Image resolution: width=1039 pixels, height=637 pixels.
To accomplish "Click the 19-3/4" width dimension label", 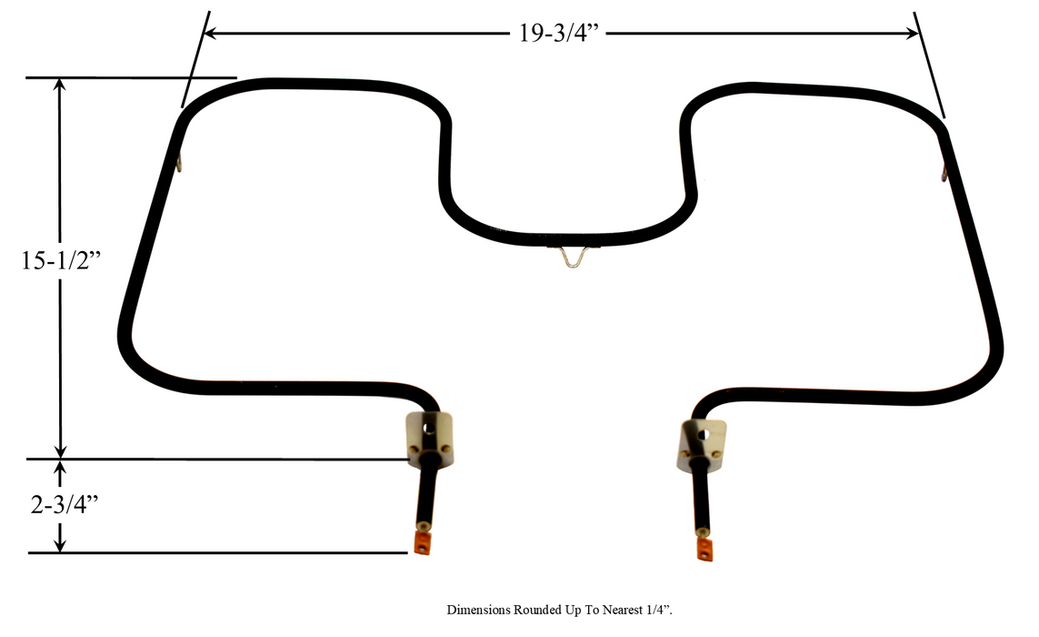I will pos(558,34).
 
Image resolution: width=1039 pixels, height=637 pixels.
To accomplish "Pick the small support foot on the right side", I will pos(944,170).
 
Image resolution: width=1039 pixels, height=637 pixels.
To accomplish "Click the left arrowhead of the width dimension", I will pos(210,34).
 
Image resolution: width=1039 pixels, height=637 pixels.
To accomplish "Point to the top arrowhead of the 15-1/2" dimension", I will pos(61,85).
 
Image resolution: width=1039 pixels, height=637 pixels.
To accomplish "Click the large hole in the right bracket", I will pos(703,435).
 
